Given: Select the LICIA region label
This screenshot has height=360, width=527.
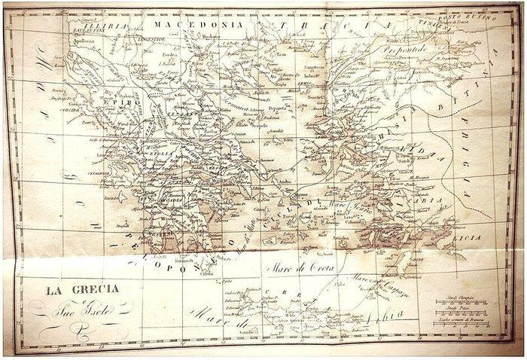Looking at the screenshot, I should pyautogui.click(x=465, y=236).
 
